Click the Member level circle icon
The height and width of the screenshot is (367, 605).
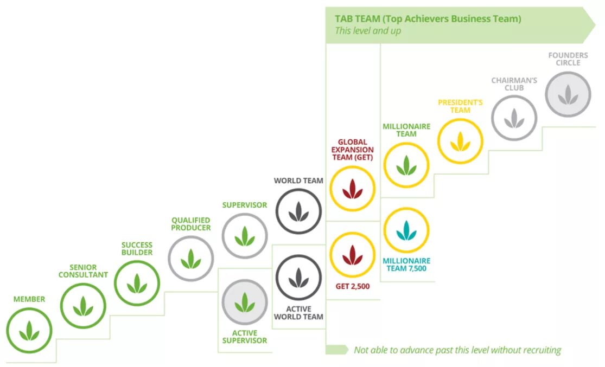point(29,330)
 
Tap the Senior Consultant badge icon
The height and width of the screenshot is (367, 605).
point(83,306)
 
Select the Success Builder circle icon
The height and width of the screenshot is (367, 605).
point(137,283)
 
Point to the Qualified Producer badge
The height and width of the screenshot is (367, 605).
point(191,259)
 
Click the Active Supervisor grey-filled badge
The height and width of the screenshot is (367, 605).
point(245,302)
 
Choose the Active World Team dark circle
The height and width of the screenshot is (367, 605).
point(298,278)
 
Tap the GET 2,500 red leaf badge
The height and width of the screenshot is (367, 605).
point(353,255)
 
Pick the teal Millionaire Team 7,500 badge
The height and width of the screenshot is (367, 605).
point(406,230)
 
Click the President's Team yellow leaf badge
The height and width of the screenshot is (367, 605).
point(460,141)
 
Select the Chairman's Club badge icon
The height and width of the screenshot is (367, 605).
point(514,118)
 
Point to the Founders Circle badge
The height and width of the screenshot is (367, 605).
point(568,94)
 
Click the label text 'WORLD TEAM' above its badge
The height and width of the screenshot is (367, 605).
point(298,181)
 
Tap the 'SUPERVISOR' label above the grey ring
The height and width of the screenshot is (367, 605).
point(245,205)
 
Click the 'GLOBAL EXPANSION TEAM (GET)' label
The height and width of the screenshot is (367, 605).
point(353,150)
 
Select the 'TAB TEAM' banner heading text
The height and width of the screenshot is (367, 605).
point(428,19)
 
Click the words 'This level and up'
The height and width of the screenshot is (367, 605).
point(368,31)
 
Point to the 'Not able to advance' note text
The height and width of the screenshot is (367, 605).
point(457,350)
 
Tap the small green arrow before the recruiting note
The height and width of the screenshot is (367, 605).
point(336,350)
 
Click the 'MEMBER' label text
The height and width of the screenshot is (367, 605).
point(29,299)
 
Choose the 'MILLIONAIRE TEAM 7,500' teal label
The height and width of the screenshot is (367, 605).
point(406,265)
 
